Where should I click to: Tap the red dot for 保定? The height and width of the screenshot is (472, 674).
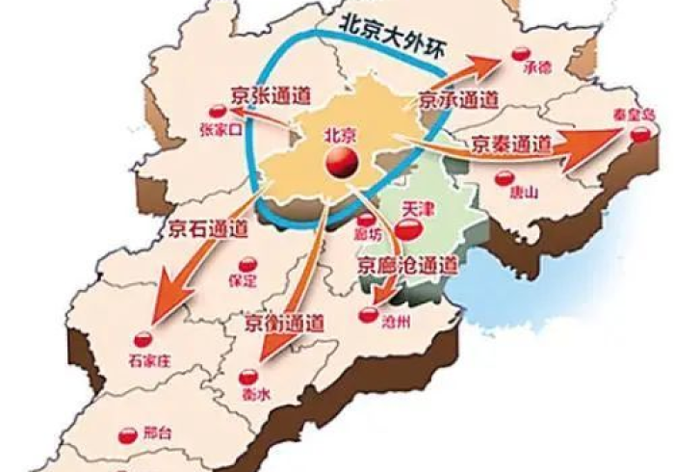[x=247, y=265]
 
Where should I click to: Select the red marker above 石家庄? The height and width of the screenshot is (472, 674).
[x=143, y=338]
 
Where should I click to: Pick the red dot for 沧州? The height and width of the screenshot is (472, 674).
[x=370, y=313]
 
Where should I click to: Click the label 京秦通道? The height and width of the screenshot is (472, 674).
[x=511, y=145]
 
